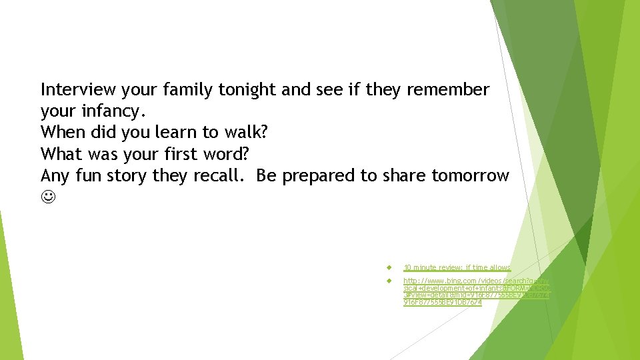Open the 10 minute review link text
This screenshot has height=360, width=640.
pos(457,267)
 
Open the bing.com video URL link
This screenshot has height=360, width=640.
pos(475,292)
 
